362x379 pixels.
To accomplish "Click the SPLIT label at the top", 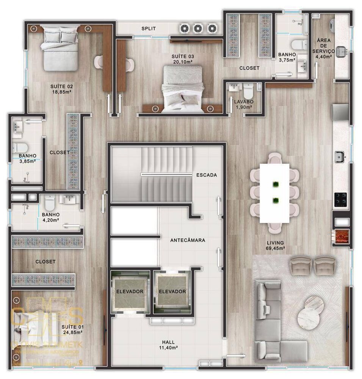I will tap(149, 28).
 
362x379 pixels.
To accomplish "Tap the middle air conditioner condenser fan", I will tap(198, 28).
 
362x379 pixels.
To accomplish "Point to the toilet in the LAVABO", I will tap(248, 91).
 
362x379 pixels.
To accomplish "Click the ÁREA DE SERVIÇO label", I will tap(323, 46).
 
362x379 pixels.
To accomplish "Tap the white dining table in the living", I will tap(275, 193).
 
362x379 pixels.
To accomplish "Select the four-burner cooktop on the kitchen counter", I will tap(341, 200).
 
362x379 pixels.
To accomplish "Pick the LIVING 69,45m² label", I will tap(275, 246).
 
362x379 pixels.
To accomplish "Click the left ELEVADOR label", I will tap(130, 291).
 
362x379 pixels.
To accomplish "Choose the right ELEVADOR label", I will tap(172, 291).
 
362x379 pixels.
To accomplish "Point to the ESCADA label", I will tap(207, 175).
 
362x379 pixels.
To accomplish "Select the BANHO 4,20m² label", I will tap(51, 216).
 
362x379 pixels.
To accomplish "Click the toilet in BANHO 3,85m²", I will tap(23, 146).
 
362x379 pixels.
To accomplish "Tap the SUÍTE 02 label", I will tap(61, 89).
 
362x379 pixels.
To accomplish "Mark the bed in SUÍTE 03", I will tap(183, 89).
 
